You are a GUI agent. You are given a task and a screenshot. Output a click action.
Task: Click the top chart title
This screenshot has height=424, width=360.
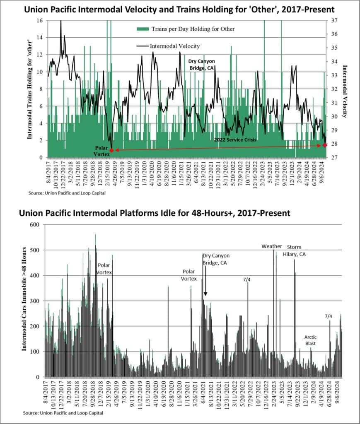pos(180,9)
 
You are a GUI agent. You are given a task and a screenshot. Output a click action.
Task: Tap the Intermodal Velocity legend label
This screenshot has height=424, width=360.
pos(174,46)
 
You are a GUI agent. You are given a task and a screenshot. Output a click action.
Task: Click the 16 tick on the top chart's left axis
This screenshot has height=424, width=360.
pos(40,20)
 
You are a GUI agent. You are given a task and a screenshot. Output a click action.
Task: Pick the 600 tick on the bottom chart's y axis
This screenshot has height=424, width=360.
pos(36,224)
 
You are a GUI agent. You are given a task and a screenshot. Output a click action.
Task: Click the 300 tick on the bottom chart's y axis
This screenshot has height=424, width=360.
pos(36,301)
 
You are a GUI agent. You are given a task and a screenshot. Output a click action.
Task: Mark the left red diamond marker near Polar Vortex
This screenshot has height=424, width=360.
pos(111,150)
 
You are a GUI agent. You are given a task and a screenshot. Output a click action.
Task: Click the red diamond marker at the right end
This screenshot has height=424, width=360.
pos(325,145)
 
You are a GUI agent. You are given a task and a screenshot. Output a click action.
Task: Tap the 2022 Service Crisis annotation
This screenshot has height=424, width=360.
pos(235,140)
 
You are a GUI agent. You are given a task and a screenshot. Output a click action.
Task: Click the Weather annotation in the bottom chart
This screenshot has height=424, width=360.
pos(271,246)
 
